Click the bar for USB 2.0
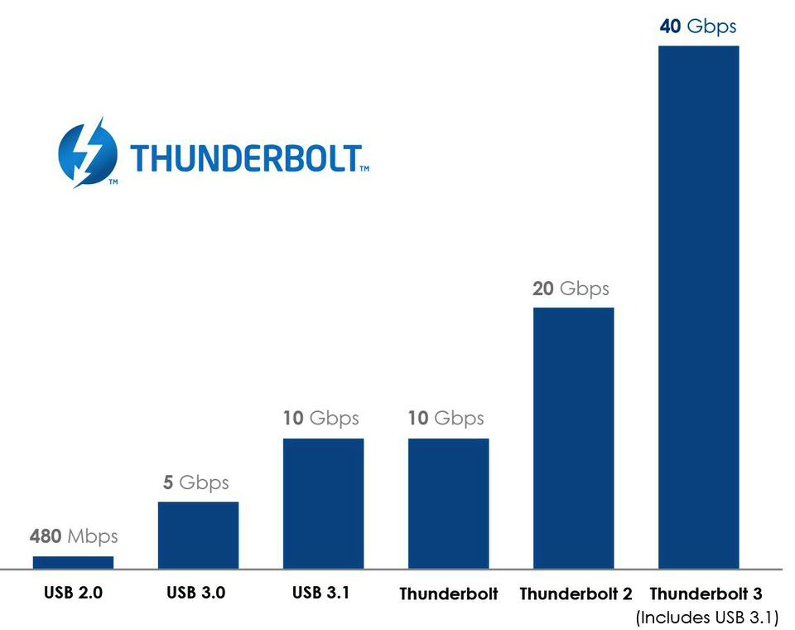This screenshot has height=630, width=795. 73,562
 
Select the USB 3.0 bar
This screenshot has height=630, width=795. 198,535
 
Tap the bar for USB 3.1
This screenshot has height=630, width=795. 323,503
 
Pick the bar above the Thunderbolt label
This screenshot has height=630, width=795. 448,503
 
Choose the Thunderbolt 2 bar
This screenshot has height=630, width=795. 573,438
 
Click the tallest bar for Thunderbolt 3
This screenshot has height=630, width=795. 698,307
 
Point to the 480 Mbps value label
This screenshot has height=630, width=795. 74,536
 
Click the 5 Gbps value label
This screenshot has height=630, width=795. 195,482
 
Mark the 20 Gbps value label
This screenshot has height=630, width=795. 571,288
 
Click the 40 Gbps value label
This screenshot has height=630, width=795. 697,27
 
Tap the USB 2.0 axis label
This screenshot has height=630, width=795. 73,593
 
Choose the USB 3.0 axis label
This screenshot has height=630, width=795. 195,593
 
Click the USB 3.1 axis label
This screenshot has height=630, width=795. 320,593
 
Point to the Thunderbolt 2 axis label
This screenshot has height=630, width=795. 576,594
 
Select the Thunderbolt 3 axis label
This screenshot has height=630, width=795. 706,594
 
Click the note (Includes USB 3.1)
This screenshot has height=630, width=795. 706,618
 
